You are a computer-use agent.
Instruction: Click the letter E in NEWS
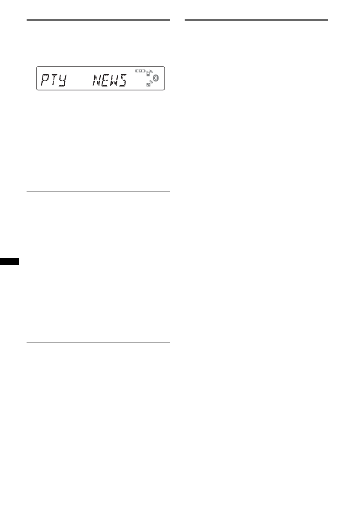(106, 79)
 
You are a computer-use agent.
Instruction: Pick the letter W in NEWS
(113, 79)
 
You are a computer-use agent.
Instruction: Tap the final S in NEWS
(123, 79)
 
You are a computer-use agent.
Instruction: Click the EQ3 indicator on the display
(141, 71)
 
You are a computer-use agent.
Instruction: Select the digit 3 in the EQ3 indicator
(144, 71)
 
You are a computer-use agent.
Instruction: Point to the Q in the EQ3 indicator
(141, 71)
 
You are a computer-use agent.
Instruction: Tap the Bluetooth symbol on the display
(156, 78)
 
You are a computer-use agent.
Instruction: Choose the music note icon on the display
(148, 85)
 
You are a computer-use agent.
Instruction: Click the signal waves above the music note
(151, 81)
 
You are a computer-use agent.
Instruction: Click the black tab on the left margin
(9, 261)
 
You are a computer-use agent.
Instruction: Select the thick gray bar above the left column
(98, 20)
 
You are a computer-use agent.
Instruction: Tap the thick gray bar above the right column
(256, 20)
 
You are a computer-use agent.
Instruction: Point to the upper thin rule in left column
(98, 192)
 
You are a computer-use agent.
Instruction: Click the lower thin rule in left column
(98, 342)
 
